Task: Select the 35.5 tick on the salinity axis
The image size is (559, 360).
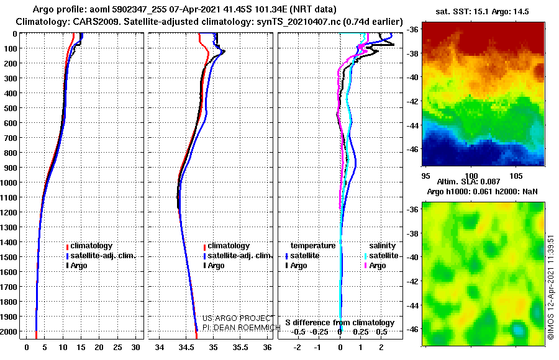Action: (x=240, y=349)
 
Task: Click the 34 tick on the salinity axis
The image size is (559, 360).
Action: (x=160, y=349)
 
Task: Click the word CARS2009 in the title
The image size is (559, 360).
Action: (x=84, y=22)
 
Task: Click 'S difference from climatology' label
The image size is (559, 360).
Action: (x=340, y=323)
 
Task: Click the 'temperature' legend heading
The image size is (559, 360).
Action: (x=313, y=246)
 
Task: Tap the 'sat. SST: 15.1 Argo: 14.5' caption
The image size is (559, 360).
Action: (x=483, y=11)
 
